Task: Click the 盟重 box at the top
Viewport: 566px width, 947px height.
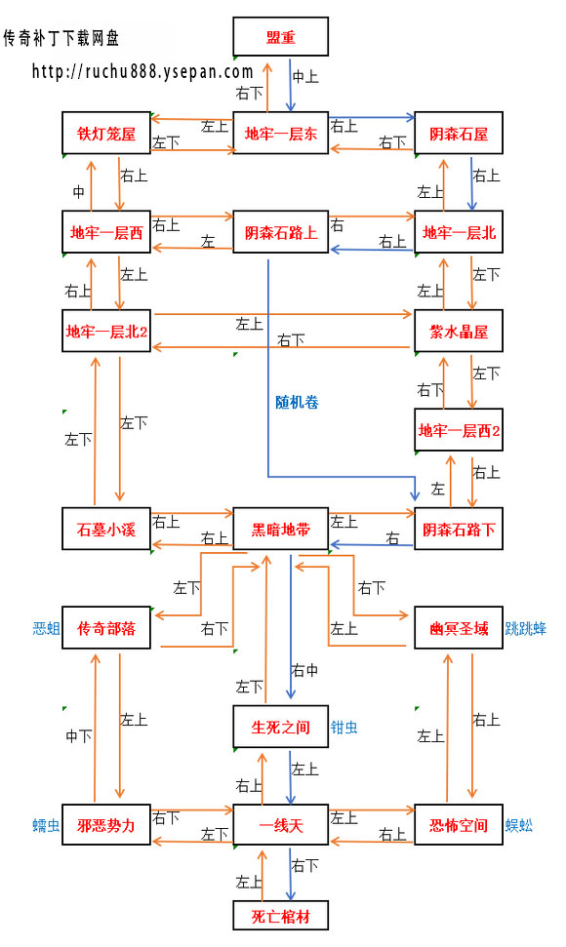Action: pyautogui.click(x=281, y=37)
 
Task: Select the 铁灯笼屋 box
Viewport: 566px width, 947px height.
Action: pyautogui.click(x=106, y=133)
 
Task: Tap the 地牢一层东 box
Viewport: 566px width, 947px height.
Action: pyautogui.click(x=281, y=133)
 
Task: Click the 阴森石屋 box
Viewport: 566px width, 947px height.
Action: pyautogui.click(x=459, y=133)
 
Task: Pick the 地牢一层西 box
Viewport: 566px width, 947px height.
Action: pyautogui.click(x=106, y=232)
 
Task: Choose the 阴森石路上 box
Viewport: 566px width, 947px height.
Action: pyautogui.click(x=281, y=232)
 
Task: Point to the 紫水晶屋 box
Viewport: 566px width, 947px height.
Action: pyautogui.click(x=459, y=332)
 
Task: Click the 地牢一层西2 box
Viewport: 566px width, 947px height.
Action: pyautogui.click(x=459, y=430)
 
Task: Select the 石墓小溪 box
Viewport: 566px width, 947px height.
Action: pyautogui.click(x=106, y=530)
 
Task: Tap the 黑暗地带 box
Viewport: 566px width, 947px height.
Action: pyautogui.click(x=281, y=530)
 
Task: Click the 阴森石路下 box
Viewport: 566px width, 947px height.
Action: pyautogui.click(x=459, y=530)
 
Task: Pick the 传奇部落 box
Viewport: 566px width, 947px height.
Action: pyautogui.click(x=106, y=628)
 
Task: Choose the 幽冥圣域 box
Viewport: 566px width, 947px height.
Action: pyautogui.click(x=459, y=628)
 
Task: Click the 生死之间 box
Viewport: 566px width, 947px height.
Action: pyautogui.click(x=281, y=727)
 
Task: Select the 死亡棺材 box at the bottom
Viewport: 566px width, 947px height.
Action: pyautogui.click(x=281, y=916)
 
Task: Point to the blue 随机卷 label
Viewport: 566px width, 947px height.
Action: pyautogui.click(x=297, y=401)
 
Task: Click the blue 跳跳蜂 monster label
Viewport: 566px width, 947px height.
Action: pyautogui.click(x=526, y=629)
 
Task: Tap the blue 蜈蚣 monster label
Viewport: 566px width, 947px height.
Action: pyautogui.click(x=519, y=826)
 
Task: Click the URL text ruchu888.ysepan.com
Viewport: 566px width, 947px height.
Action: pyautogui.click(x=142, y=71)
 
